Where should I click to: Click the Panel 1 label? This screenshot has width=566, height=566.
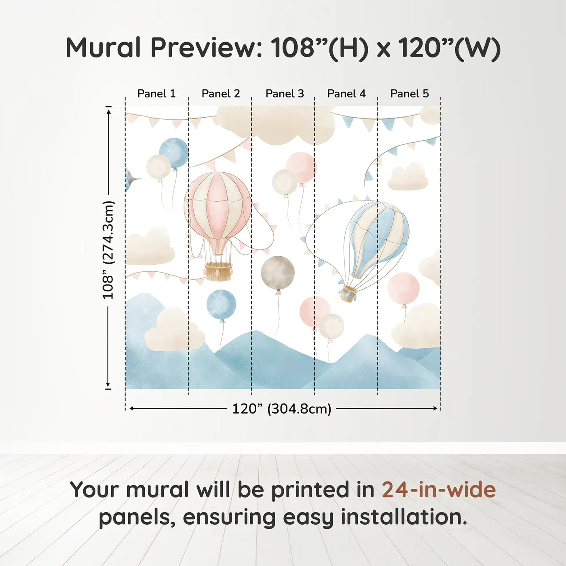[x=156, y=94]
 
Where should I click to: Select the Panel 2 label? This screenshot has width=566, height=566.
[x=221, y=94]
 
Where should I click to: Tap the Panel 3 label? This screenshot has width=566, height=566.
[x=285, y=94]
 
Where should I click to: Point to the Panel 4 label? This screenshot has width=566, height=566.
[x=346, y=94]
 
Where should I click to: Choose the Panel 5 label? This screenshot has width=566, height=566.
[x=410, y=94]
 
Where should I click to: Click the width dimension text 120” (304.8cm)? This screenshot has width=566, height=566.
[x=282, y=409]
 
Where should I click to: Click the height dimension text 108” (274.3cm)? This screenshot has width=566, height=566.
[x=108, y=250]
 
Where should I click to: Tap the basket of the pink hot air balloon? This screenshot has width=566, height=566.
[x=218, y=271]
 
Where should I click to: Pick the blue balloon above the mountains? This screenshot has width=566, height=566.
[x=221, y=304]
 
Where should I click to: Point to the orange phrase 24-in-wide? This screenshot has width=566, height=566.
[x=439, y=489]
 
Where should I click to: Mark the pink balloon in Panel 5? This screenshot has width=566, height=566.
[x=403, y=288]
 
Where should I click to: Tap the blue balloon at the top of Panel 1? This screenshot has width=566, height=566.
[x=174, y=153]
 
